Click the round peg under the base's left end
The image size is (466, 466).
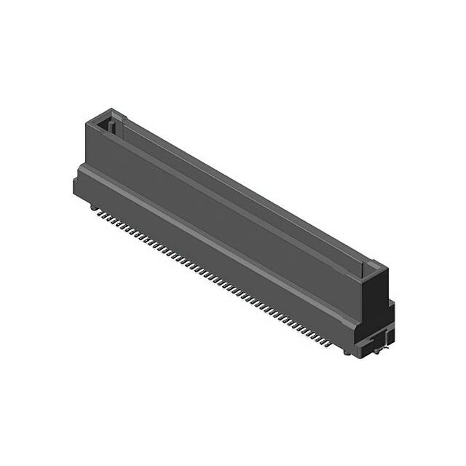coord(93,207)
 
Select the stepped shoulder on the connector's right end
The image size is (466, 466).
coord(390,309)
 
